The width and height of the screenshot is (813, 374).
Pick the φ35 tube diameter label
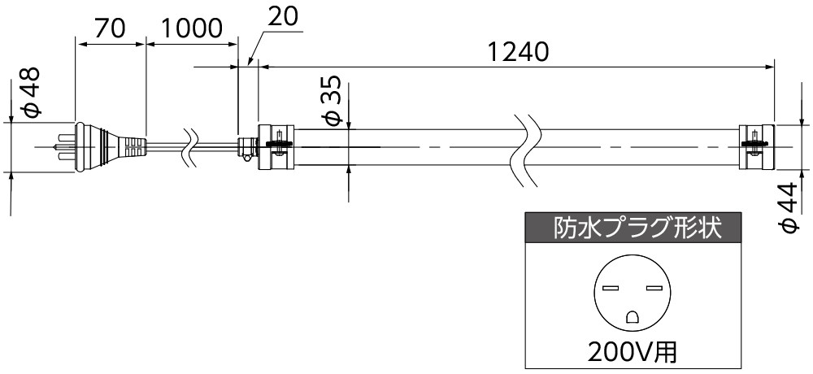point(332,103)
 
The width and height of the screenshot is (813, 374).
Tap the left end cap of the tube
point(275,146)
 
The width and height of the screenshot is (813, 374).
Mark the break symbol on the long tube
point(528,146)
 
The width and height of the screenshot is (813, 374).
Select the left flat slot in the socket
point(611,289)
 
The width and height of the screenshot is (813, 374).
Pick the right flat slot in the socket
point(653,289)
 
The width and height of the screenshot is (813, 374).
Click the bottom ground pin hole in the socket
point(632,317)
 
